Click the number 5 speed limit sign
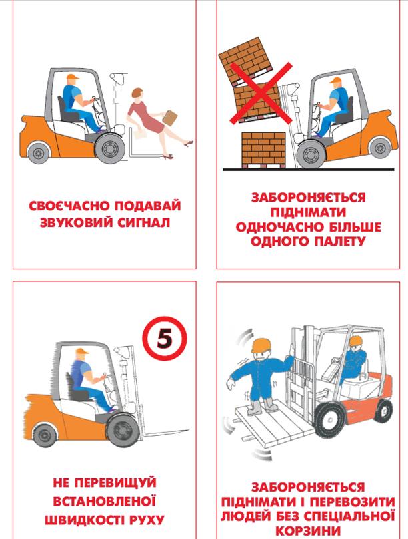coord(165,338)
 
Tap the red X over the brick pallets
coord(261,92)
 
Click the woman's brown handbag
coord(170,118)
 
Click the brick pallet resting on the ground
coord(264,150)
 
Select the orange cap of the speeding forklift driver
coord(82,351)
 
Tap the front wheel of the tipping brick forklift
coord(311,154)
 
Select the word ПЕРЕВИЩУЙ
coord(115,482)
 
